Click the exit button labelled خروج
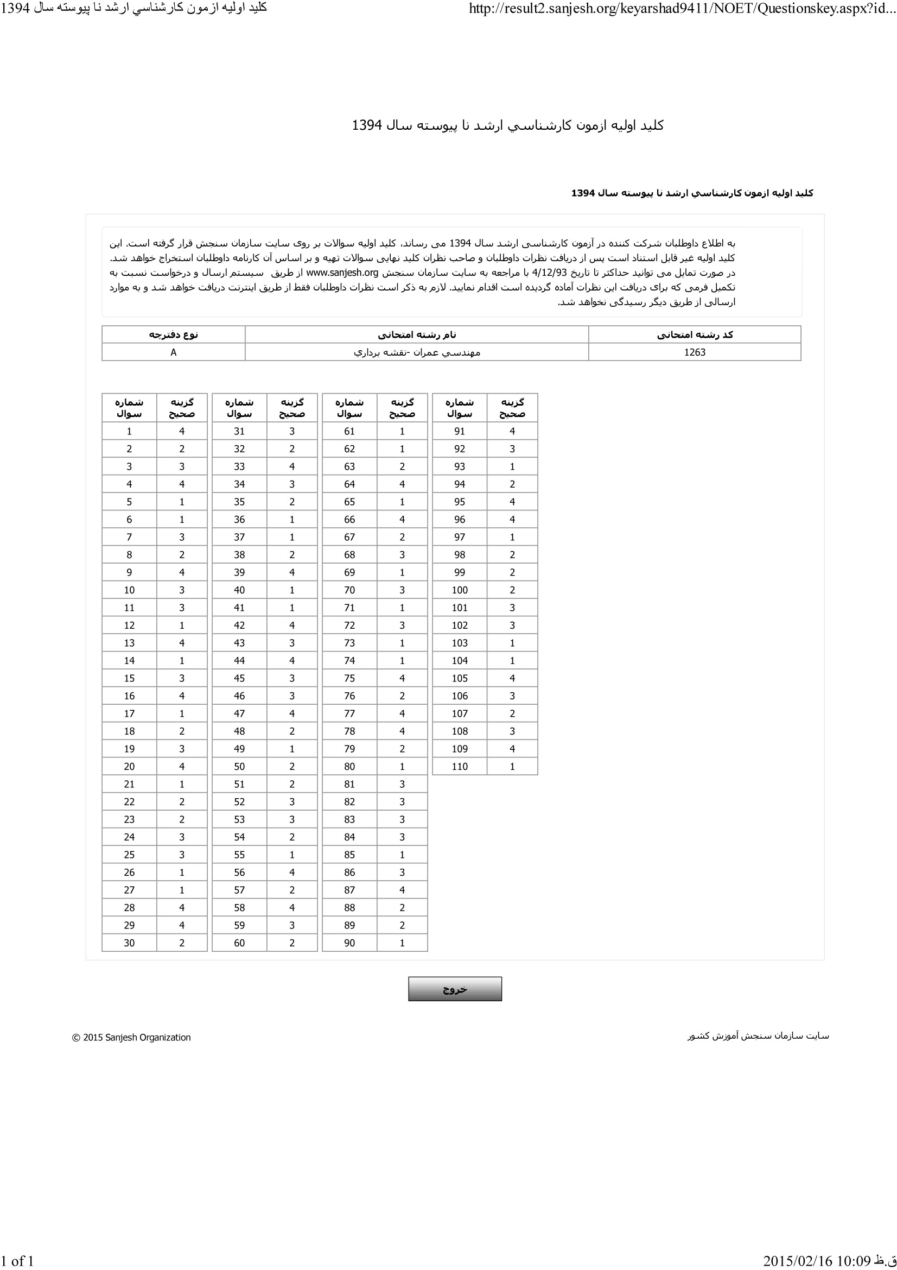point(455,989)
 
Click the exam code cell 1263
point(694,352)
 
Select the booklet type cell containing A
point(174,352)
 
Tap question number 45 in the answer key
point(239,678)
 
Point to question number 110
point(459,767)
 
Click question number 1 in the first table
point(129,432)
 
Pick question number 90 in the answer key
point(349,943)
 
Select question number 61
point(349,432)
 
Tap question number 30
point(129,943)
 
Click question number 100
point(459,590)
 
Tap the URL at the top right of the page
point(682,8)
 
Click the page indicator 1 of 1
point(17,1261)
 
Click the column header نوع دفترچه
point(174,334)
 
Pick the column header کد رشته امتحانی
point(694,334)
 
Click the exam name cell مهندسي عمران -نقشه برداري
point(417,352)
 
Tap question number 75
point(349,678)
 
